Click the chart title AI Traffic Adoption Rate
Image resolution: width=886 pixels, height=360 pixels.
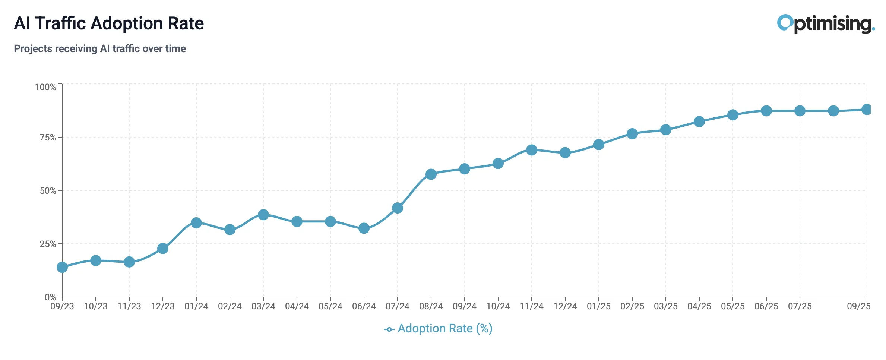point(109,23)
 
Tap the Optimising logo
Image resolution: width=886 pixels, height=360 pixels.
point(825,24)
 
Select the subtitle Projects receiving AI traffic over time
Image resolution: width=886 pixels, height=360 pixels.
point(100,49)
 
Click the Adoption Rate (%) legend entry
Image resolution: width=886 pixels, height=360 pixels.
point(439,329)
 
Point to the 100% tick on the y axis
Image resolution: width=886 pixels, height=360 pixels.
point(45,87)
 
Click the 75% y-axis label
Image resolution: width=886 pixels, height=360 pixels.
point(48,138)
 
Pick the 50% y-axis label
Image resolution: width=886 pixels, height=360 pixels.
point(48,191)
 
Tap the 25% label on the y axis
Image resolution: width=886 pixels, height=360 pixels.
point(48,244)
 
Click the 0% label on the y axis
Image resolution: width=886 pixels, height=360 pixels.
point(50,297)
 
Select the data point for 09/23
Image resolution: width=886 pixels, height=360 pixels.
point(62,267)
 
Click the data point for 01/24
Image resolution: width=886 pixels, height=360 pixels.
point(196,223)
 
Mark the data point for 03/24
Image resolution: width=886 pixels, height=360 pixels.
point(263,215)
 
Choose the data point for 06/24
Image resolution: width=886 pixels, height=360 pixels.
point(364,228)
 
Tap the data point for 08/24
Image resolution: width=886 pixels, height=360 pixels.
point(431,174)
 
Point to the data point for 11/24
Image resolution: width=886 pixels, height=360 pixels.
point(532,150)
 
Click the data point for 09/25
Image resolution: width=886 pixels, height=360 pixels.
point(867,110)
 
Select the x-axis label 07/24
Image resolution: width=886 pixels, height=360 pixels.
point(398,306)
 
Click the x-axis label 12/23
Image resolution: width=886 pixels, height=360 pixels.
point(163,306)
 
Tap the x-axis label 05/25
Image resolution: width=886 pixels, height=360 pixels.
point(733,306)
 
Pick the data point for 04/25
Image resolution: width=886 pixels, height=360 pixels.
point(699,122)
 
